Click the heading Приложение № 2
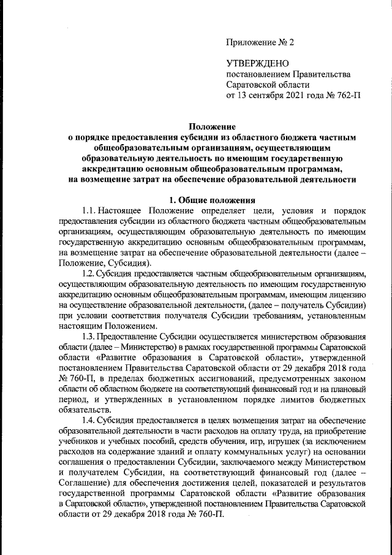click(260, 42)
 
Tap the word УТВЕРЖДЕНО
click(254, 63)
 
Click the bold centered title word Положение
click(212, 126)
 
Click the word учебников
click(76, 443)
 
